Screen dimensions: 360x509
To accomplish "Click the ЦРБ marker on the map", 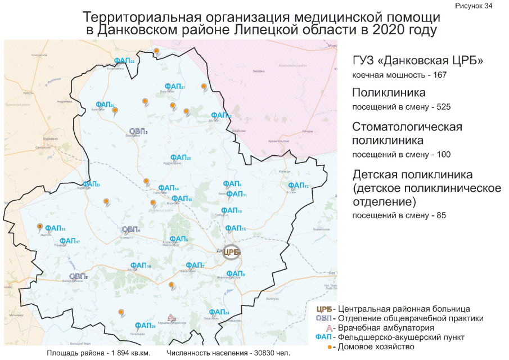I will [231, 252].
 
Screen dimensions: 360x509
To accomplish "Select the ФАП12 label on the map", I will [298, 186].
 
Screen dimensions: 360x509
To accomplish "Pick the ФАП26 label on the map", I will [145, 326].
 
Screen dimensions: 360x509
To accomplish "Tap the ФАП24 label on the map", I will [219, 312].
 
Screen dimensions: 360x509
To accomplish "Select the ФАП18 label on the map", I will [55, 228].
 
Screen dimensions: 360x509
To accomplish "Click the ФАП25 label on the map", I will [181, 158].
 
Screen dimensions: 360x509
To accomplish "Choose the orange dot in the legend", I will [332, 346].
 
